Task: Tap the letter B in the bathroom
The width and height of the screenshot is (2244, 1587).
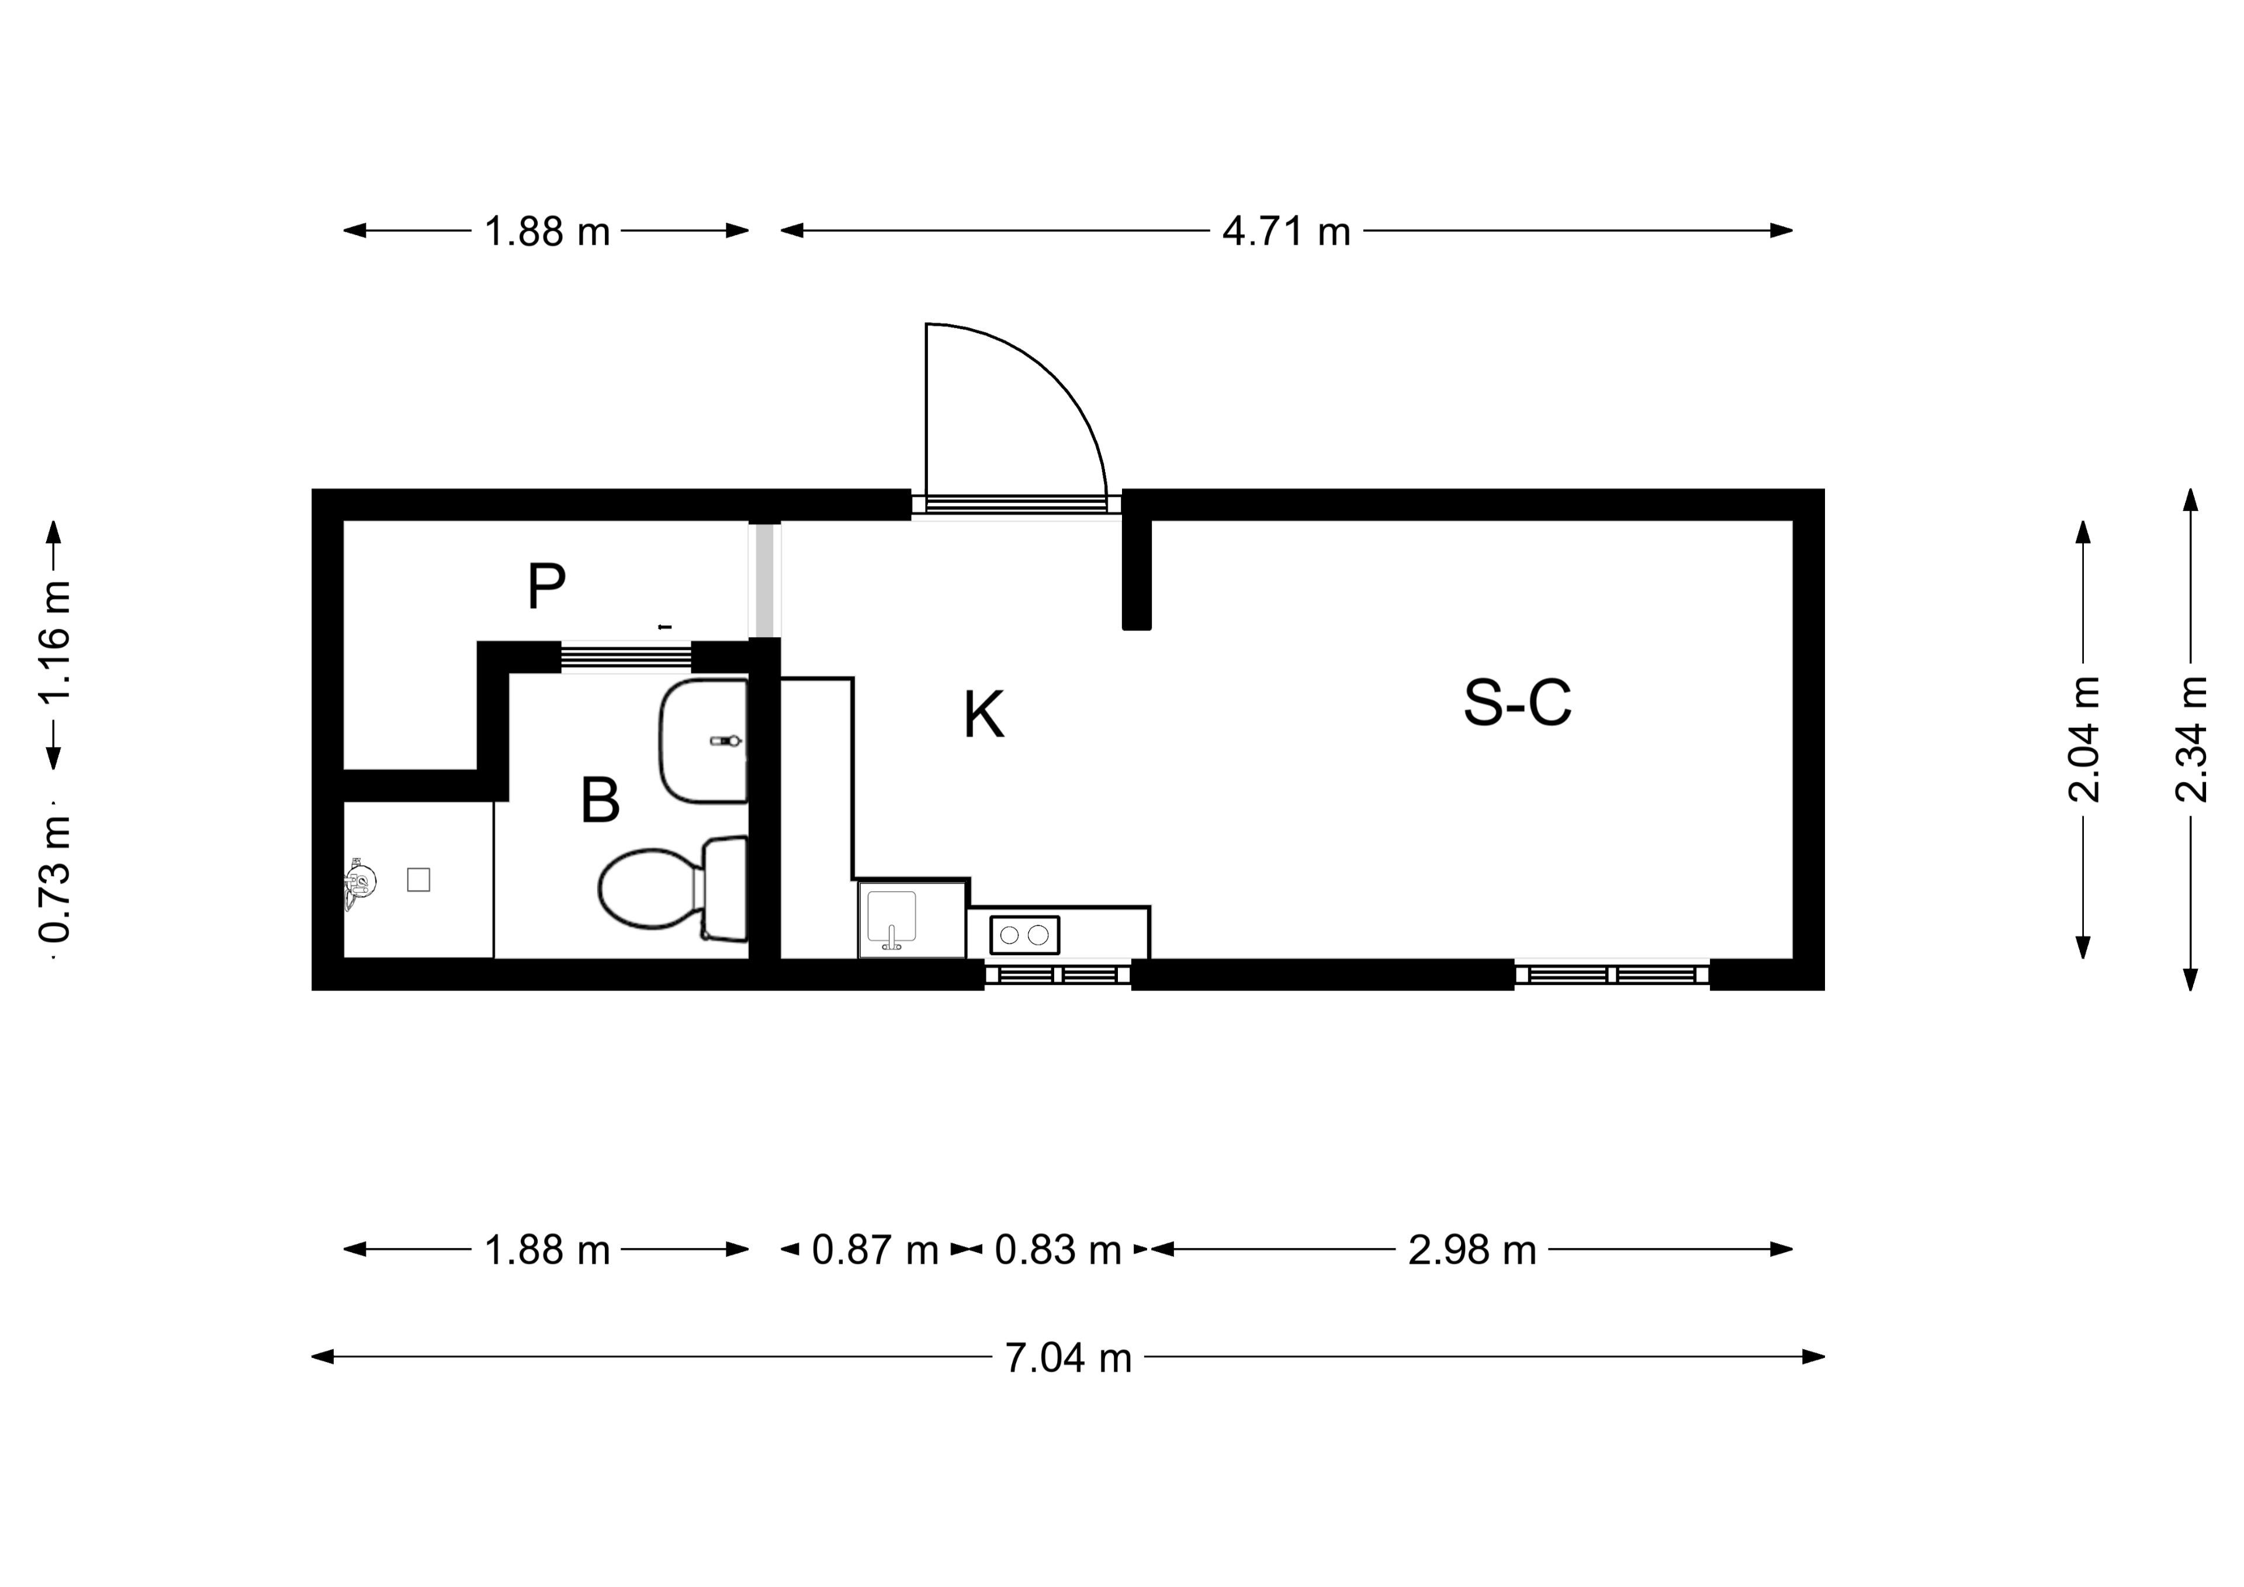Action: (x=600, y=801)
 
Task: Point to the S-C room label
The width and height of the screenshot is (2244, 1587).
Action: (x=1517, y=702)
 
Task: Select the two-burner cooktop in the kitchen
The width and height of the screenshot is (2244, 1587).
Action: (x=1024, y=935)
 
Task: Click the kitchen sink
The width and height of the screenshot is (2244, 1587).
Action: (x=891, y=919)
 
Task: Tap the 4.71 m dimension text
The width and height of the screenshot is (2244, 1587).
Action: (x=1286, y=231)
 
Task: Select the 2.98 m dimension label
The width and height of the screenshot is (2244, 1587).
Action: (x=1472, y=1250)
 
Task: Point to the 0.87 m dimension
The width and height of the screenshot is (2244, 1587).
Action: (x=875, y=1250)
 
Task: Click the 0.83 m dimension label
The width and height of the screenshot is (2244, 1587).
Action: (x=1058, y=1250)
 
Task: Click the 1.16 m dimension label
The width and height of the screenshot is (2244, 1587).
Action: (x=54, y=641)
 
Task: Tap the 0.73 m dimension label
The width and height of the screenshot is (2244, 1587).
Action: (x=54, y=880)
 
